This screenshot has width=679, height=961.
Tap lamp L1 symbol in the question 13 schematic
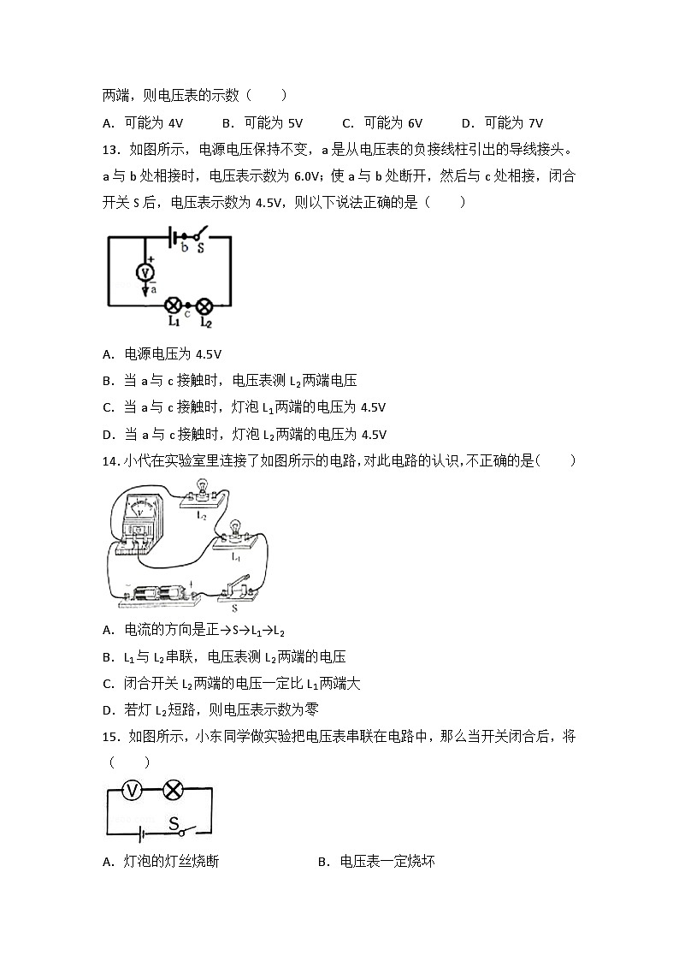tap(172, 305)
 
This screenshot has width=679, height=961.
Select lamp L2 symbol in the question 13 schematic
tap(205, 305)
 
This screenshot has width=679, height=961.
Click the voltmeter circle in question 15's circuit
tap(131, 790)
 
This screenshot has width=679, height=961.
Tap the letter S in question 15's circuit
tap(173, 823)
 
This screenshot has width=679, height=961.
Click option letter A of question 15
tap(107, 862)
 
